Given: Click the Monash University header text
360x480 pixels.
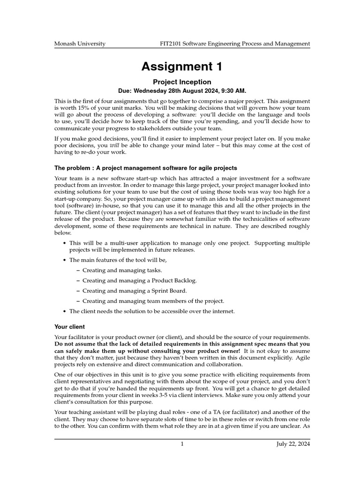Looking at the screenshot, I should click(x=80, y=44).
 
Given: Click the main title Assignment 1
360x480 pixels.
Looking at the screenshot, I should click(x=182, y=67).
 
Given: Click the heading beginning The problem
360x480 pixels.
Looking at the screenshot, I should click(x=146, y=167).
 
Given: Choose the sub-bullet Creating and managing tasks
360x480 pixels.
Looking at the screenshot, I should click(x=122, y=270).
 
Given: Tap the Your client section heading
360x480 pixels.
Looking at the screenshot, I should click(x=70, y=326).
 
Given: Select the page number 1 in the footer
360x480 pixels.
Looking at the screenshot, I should click(x=182, y=444).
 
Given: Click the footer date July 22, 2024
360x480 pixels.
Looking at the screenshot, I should click(x=293, y=444).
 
